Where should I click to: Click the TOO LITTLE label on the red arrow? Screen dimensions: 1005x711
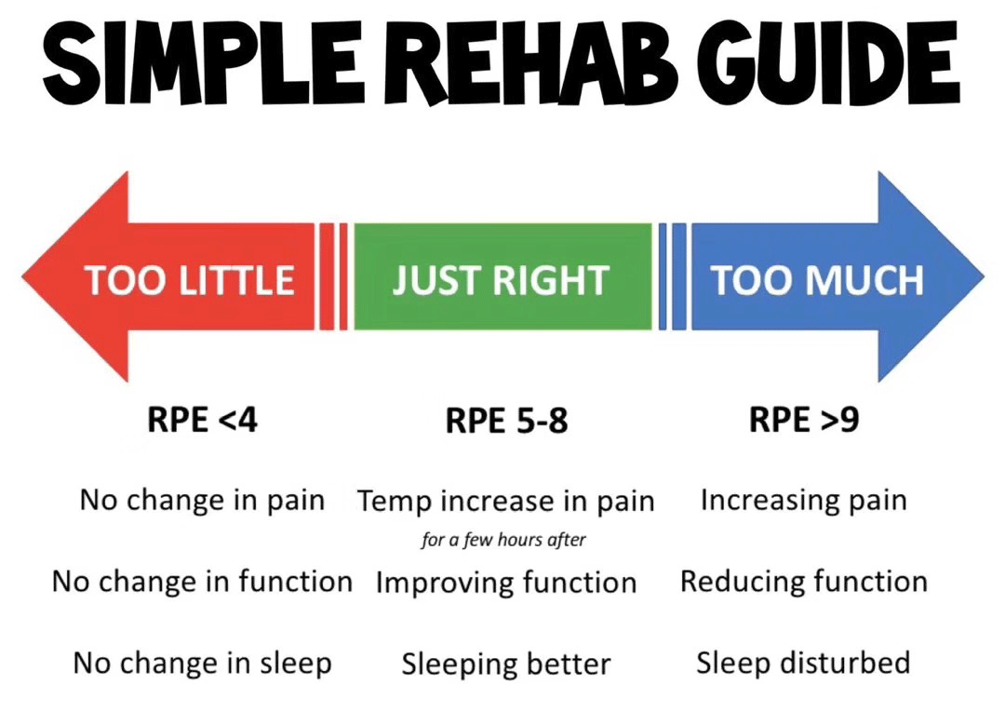click(189, 281)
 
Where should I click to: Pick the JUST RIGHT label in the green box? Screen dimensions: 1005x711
click(501, 281)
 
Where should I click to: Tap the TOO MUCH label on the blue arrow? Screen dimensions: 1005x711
click(817, 281)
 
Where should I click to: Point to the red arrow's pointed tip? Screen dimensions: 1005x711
click(22, 277)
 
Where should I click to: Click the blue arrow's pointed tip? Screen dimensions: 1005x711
click(984, 277)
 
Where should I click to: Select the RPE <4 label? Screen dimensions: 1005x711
click(202, 421)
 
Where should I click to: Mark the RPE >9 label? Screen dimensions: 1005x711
click(804, 421)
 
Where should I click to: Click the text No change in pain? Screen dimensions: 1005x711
click(202, 501)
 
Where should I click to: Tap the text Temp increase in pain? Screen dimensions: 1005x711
click(505, 502)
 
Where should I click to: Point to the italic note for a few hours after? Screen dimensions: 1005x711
click(503, 540)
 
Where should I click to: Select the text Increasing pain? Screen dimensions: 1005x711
click(804, 501)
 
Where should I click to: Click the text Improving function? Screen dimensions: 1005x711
click(505, 583)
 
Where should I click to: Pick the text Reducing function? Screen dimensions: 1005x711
click(804, 582)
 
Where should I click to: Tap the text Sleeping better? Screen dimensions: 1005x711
click(505, 664)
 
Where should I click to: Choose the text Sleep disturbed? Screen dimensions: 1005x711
click(803, 663)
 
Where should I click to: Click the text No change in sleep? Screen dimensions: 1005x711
click(202, 664)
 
